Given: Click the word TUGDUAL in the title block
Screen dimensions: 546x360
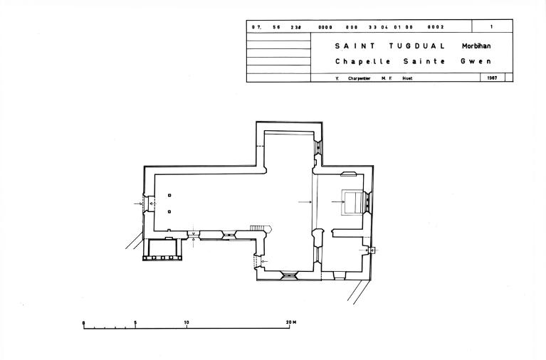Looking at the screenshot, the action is (417, 46).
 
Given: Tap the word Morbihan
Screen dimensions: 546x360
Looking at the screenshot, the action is (476, 46).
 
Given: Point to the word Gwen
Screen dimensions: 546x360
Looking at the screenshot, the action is (476, 61).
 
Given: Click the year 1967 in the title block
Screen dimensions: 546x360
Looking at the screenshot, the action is (492, 78).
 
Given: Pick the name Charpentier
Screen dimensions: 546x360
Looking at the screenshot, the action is (359, 78).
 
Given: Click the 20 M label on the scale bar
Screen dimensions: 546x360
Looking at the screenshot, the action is (291, 322).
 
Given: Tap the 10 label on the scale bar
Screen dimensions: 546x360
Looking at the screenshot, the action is (187, 322).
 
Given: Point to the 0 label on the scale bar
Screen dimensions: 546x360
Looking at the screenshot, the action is (83, 324).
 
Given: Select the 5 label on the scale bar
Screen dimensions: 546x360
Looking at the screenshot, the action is (135, 323).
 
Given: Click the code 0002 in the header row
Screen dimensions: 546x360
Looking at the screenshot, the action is (436, 27).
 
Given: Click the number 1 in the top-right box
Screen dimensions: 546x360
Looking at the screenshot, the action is (492, 26).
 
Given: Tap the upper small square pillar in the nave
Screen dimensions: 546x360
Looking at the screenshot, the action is (169, 196).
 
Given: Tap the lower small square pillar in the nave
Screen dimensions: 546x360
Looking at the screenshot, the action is (169, 212).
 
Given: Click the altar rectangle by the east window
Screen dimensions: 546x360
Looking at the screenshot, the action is (352, 202).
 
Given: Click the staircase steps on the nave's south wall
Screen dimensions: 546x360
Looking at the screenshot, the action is (258, 228).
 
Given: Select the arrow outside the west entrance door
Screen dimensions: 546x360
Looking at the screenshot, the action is (138, 203).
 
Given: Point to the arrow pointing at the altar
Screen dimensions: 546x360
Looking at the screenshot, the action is (338, 201).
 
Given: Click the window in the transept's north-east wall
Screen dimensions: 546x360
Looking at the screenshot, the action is (318, 147).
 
